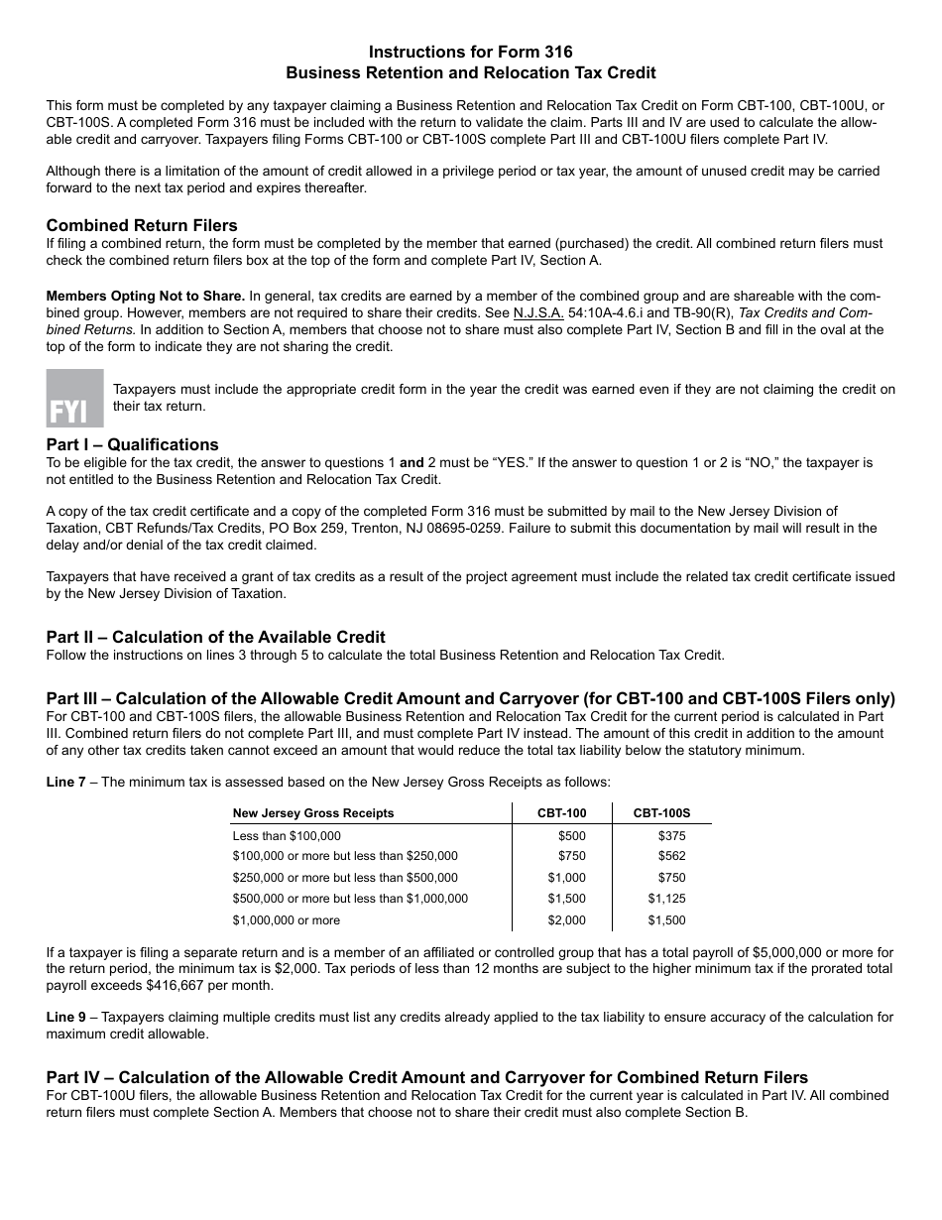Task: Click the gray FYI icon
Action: coord(74,398)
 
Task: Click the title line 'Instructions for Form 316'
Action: coord(470,52)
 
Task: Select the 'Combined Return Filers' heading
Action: coord(142,225)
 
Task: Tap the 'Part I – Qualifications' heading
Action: coord(132,444)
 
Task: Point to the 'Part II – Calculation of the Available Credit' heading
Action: coord(215,637)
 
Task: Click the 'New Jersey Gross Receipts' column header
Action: coord(312,813)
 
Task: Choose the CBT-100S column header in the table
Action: coord(661,813)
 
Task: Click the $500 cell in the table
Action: coord(572,836)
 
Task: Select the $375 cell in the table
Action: coord(671,836)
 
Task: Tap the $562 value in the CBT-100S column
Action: coord(671,856)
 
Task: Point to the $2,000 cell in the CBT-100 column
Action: coord(566,920)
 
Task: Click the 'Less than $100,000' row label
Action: coord(287,836)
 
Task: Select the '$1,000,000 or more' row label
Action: coord(286,920)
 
